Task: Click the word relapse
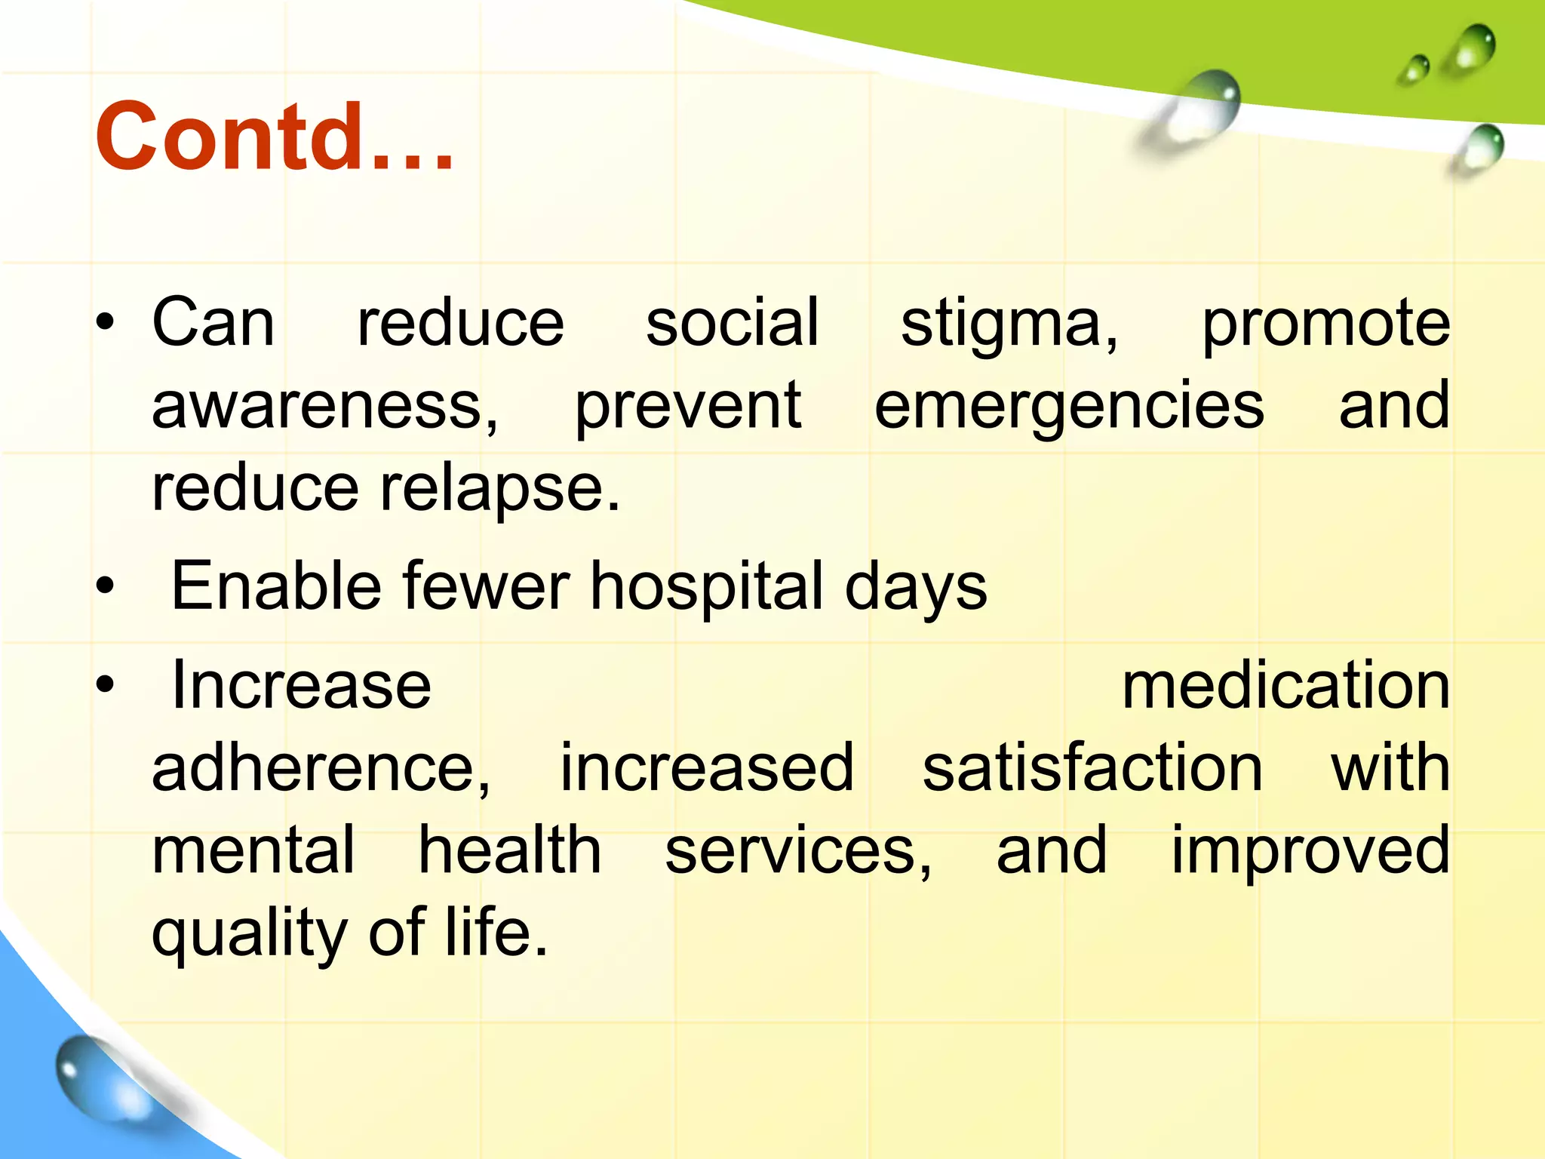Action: coord(499,489)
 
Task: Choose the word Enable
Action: coord(276,586)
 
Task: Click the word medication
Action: coord(1285,687)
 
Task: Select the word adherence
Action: coord(321,768)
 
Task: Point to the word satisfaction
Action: coord(1092,768)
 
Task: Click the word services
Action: coord(797,851)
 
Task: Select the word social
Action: coord(732,323)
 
